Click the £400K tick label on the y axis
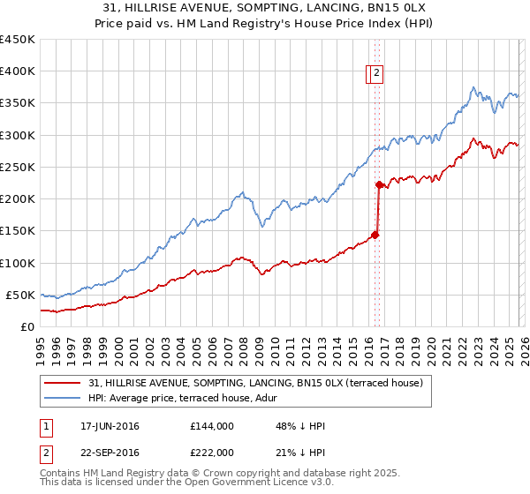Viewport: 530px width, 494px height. (x=18, y=71)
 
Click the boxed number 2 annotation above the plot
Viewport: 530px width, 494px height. (x=376, y=74)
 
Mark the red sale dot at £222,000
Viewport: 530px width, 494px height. (x=379, y=185)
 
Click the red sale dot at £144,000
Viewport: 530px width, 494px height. (x=375, y=235)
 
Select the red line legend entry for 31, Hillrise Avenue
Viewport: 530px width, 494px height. (x=256, y=383)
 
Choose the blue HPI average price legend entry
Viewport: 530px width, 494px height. (x=182, y=399)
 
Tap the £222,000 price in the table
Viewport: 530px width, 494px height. (x=212, y=453)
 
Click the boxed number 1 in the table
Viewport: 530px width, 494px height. (x=47, y=426)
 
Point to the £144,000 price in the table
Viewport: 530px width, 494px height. (x=212, y=426)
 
